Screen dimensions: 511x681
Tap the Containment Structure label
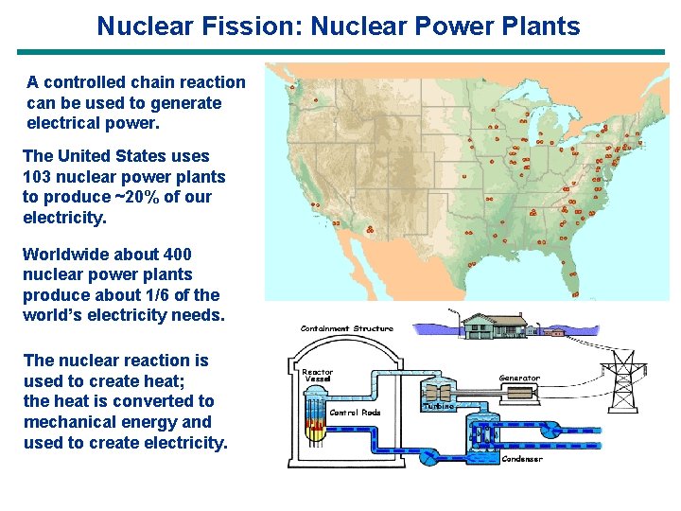[x=346, y=328]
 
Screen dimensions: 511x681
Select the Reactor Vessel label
[x=317, y=376]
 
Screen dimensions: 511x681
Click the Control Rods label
[x=355, y=413]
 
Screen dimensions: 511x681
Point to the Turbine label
[x=438, y=405]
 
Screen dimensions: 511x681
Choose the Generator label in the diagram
[x=519, y=379]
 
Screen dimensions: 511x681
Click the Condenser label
[x=521, y=460]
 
